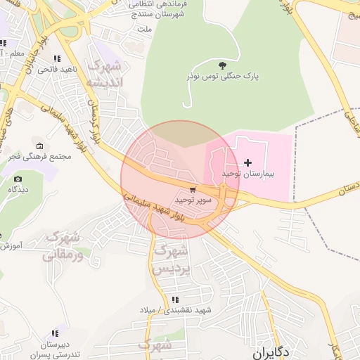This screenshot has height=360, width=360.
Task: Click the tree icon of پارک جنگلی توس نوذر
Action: point(223,66)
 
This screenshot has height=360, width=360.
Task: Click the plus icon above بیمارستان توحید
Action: point(247,162)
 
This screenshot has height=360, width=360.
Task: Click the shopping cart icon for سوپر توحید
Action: point(193,190)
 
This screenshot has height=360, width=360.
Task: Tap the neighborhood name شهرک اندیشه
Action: point(103,74)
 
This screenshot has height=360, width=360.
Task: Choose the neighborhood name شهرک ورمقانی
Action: point(62,246)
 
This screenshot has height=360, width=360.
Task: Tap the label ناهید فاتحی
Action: point(56,69)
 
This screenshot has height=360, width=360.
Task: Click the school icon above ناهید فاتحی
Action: point(56,58)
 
